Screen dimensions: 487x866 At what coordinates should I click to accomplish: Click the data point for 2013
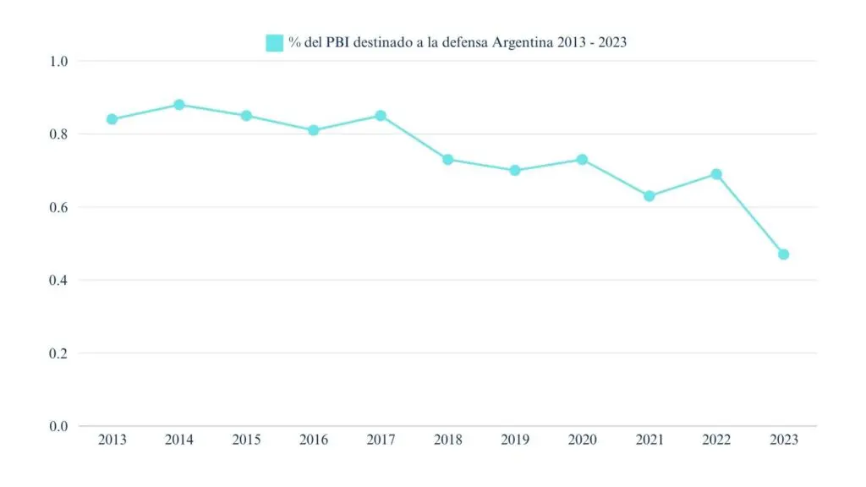pos(112,119)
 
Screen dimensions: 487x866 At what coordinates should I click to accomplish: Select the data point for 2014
pos(179,105)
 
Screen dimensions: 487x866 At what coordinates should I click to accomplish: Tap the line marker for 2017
pos(381,116)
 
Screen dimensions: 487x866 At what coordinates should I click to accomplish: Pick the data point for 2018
pos(448,159)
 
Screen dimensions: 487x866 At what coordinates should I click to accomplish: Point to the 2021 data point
pos(649,196)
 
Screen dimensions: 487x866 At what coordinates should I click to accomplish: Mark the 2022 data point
pos(716,174)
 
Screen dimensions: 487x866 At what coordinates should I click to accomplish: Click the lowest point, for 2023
pos(783,254)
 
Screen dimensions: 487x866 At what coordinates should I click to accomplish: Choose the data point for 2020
pos(582,159)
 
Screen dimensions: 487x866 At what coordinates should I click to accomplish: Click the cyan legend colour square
pos(274,42)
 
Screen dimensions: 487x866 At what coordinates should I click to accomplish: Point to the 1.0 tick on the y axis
pos(58,61)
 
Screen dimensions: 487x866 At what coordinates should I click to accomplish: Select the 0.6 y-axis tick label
pos(58,207)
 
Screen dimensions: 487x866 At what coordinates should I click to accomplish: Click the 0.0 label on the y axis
pos(58,426)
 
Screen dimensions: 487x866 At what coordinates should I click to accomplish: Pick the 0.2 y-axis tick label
pos(58,353)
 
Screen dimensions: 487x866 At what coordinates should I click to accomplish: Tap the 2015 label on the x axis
pos(246,440)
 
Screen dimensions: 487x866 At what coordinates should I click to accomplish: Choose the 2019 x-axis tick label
pos(515,440)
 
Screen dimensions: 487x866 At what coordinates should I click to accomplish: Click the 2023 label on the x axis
pos(783,440)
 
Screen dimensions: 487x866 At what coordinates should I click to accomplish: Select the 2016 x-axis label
pos(314,440)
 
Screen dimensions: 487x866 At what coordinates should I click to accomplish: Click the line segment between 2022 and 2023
pos(750,215)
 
